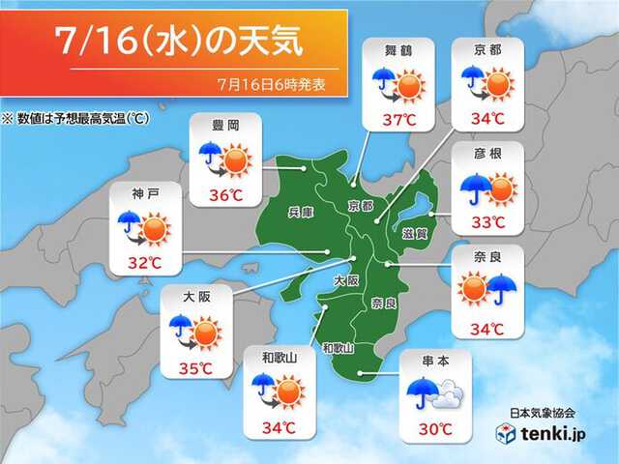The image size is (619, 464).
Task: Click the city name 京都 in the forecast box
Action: pos(487,48)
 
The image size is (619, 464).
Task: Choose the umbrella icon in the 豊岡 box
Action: pos(209,152)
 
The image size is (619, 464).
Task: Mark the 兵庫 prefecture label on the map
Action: pos(300,211)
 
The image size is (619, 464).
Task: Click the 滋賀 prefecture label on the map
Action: pos(407,233)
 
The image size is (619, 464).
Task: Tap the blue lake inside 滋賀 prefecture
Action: pos(415,206)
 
